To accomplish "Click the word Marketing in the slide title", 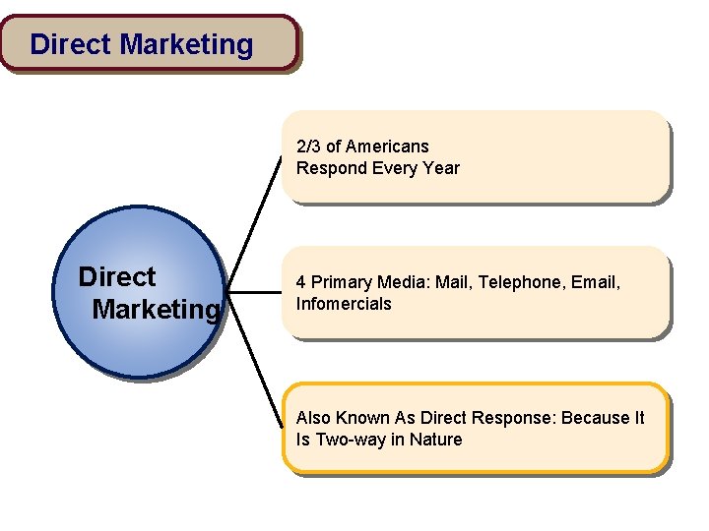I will (x=186, y=44).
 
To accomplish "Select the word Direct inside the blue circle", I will (x=116, y=277).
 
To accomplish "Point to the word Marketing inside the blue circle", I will (x=156, y=310).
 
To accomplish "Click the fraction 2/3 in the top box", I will (x=308, y=147).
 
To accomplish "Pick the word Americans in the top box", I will (x=387, y=147).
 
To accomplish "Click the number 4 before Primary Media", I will (x=301, y=282).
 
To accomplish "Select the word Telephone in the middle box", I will (x=517, y=282).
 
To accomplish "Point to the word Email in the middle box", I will (x=594, y=282).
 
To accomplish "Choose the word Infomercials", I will (x=344, y=304).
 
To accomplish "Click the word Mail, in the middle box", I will (x=454, y=282).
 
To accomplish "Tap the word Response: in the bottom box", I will (x=517, y=418).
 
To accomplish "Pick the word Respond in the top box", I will (x=332, y=168).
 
